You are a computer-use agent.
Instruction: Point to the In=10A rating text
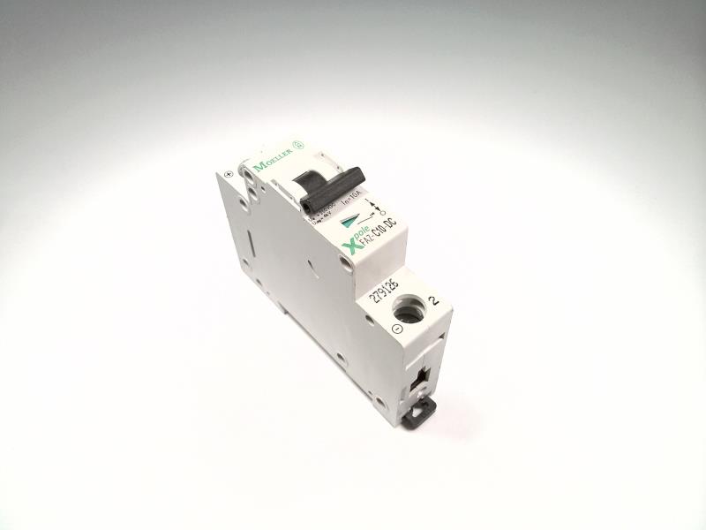[356, 207]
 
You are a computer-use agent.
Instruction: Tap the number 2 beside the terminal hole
[432, 299]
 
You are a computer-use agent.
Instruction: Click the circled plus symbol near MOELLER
[229, 174]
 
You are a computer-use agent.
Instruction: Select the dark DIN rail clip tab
[421, 410]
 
